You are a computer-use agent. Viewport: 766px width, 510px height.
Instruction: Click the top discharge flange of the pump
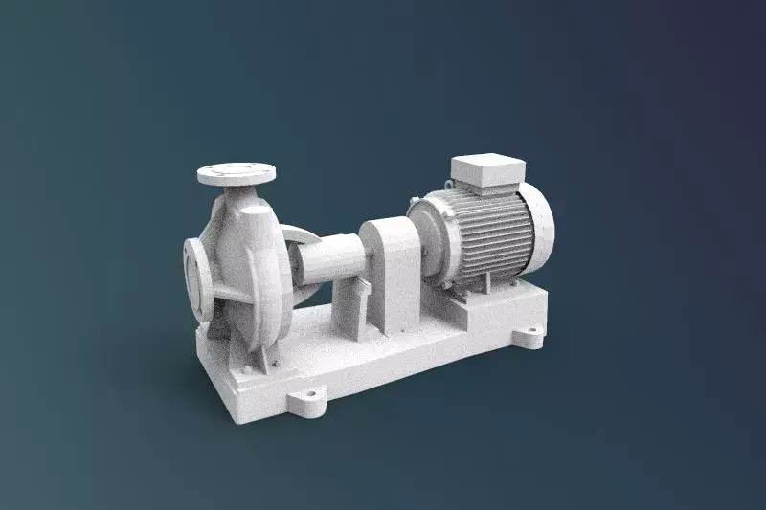pyautogui.click(x=236, y=174)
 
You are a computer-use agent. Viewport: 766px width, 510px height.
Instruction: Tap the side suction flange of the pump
pyautogui.click(x=197, y=277)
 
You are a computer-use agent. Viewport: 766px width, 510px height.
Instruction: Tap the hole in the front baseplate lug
pyautogui.click(x=310, y=392)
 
